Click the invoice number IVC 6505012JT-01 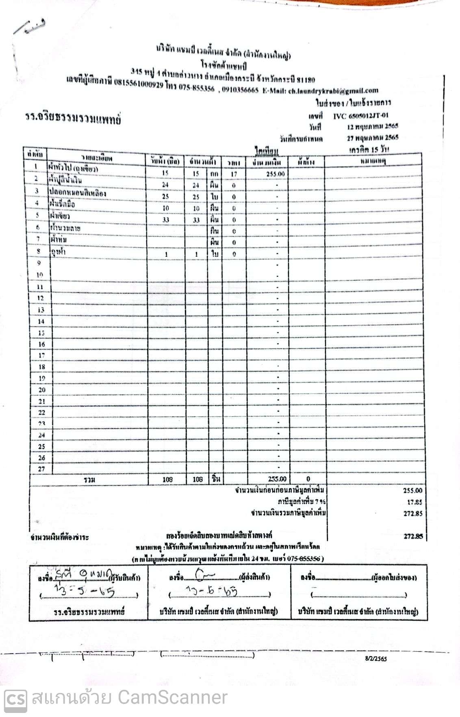point(360,116)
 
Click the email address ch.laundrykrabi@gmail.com point(333,91)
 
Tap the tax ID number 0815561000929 point(139,84)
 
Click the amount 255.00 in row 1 point(275,174)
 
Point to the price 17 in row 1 point(234,174)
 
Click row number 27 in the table point(41,469)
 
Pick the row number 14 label point(41,321)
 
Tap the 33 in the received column point(165,220)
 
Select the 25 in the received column point(165,197)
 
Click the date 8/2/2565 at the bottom point(376,659)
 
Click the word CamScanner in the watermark point(172,698)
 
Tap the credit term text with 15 point(369,149)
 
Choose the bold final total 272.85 point(413,536)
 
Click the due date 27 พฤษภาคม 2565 point(372,138)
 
